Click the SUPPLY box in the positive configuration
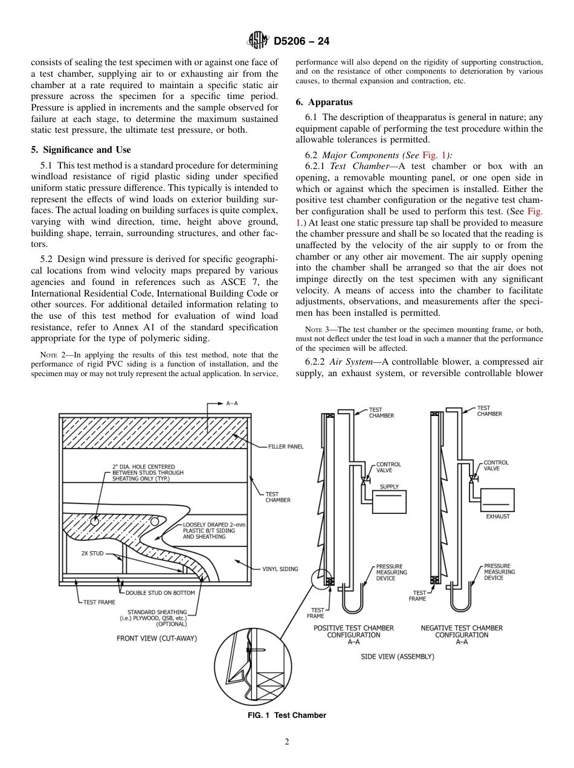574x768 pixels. coord(389,501)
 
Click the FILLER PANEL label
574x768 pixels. coord(286,447)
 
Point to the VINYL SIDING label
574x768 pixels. coord(280,569)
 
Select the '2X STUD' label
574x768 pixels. coord(92,553)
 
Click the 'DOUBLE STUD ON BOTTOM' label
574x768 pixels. coord(160,593)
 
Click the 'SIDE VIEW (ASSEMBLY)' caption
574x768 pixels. coord(397,656)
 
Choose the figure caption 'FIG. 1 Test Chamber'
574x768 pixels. coord(286,715)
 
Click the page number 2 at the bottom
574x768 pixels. coord(287,743)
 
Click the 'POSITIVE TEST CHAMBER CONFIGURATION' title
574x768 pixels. coord(353,632)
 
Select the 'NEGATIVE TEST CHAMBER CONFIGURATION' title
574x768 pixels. coord(462,632)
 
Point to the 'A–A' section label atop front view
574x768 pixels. coord(231,403)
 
